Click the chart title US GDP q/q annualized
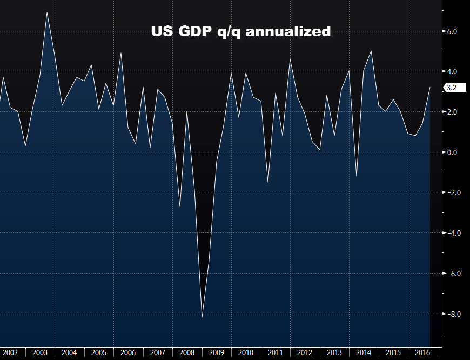(x=240, y=31)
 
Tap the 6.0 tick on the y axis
(x=452, y=31)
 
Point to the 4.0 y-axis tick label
(x=452, y=71)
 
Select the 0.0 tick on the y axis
(x=452, y=152)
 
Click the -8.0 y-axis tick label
(x=451, y=314)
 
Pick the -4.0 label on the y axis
(x=451, y=233)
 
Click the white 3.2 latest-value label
(x=452, y=87)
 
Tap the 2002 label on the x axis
(x=10, y=352)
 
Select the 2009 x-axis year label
(x=216, y=352)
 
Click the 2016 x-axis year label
(x=422, y=352)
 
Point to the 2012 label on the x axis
(x=305, y=352)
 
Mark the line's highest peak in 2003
(x=47, y=12)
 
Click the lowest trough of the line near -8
(x=202, y=317)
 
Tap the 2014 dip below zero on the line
(x=357, y=176)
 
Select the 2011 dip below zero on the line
(x=268, y=182)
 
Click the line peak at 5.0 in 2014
(x=371, y=51)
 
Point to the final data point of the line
(x=430, y=88)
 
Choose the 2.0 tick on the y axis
(x=452, y=112)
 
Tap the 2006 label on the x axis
(x=128, y=352)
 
